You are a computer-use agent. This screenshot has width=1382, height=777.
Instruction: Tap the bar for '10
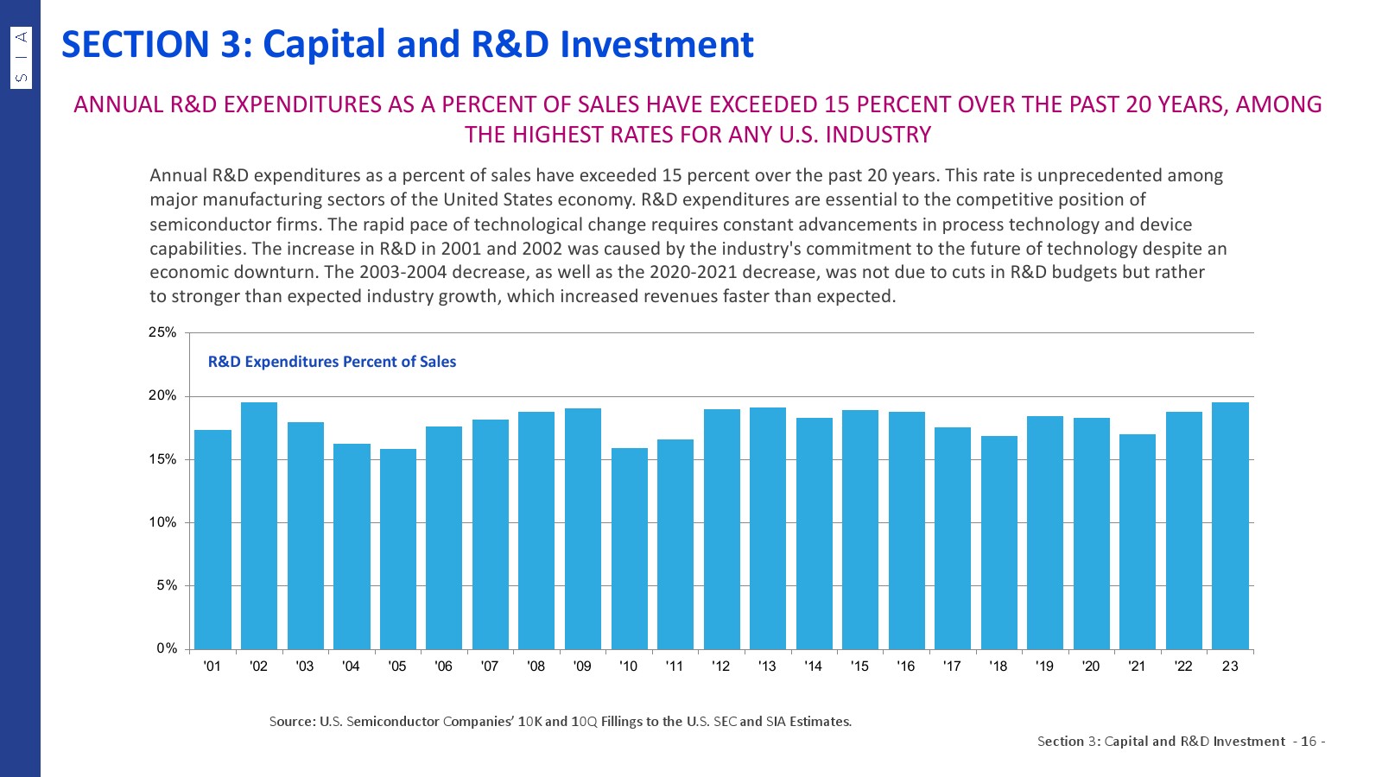(629, 548)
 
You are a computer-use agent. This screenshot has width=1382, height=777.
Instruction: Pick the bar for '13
(768, 527)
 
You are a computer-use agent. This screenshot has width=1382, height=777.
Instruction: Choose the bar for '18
(999, 542)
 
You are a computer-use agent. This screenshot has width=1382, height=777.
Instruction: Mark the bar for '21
(1138, 541)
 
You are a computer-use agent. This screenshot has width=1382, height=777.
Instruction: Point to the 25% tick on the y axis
(162, 332)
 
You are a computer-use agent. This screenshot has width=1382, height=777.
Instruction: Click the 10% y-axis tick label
(162, 522)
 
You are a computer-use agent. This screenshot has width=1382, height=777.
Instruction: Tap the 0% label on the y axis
(166, 648)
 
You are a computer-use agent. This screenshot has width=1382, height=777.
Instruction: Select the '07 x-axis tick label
(490, 666)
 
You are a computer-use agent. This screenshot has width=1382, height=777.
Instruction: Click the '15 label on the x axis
(859, 666)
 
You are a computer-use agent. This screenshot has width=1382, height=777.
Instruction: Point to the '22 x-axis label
(1183, 666)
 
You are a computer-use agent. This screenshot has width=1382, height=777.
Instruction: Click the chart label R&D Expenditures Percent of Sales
(332, 362)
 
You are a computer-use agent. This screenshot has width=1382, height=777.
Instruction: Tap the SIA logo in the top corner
(22, 57)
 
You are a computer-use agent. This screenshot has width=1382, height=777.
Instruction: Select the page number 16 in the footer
(1309, 742)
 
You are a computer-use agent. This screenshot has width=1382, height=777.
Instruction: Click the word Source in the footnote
(291, 722)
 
